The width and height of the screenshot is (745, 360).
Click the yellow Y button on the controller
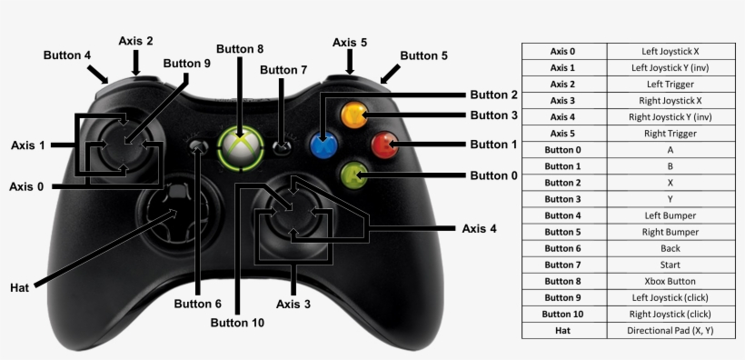coord(354,116)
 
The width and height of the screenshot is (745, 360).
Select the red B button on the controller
coord(384,145)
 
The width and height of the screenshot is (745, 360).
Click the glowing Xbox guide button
coord(240,146)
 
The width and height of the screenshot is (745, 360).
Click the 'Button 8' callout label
coord(240,49)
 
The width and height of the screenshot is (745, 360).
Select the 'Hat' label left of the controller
coord(20,287)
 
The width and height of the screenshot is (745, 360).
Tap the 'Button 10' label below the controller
coord(237,322)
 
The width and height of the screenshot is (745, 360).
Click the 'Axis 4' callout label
coord(479,228)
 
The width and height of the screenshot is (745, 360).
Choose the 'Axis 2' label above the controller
coord(135,41)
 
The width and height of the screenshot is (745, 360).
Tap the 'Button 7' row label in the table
coord(563,265)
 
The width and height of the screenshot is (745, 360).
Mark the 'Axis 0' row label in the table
coord(563,51)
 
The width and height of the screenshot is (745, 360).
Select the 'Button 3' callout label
coord(494,115)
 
